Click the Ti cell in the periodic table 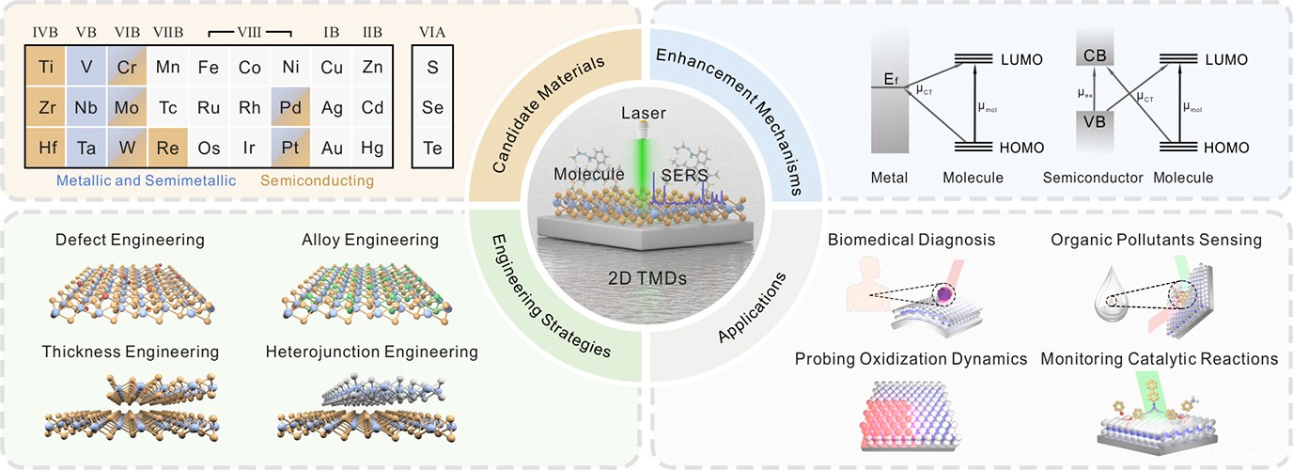[x=46, y=68]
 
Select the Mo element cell [x=128, y=108]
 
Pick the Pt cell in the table [x=290, y=149]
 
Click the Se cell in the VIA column [x=433, y=108]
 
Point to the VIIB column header [x=168, y=33]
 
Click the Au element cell [x=331, y=149]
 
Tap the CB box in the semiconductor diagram [x=1095, y=55]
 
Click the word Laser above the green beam [x=644, y=114]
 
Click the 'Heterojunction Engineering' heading [x=372, y=352]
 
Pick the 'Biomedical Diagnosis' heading [x=911, y=240]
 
